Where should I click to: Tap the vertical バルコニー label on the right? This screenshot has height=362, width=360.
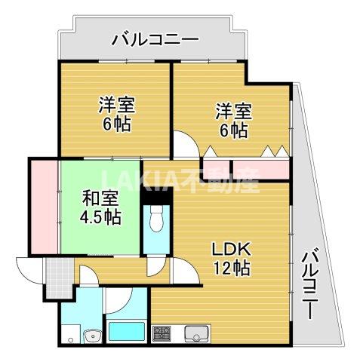coord(310,284)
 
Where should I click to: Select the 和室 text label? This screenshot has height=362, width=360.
coord(100,199)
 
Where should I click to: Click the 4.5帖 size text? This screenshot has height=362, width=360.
coord(100,217)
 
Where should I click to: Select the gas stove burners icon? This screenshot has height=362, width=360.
coord(163,332)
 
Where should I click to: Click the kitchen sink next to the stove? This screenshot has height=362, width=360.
coord(198,332)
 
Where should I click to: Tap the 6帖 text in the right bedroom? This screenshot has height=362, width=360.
coord(232,130)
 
